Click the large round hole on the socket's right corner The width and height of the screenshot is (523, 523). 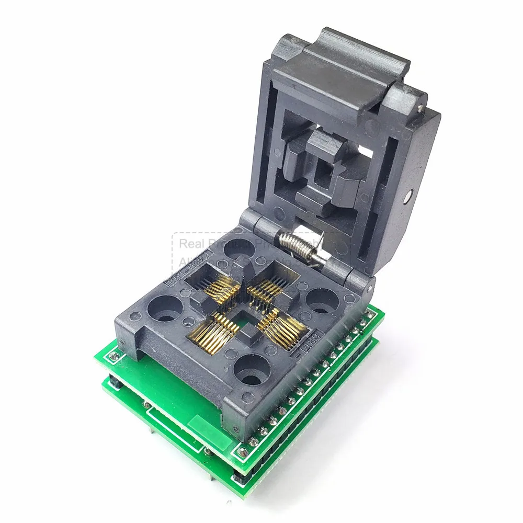[x=323, y=302]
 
